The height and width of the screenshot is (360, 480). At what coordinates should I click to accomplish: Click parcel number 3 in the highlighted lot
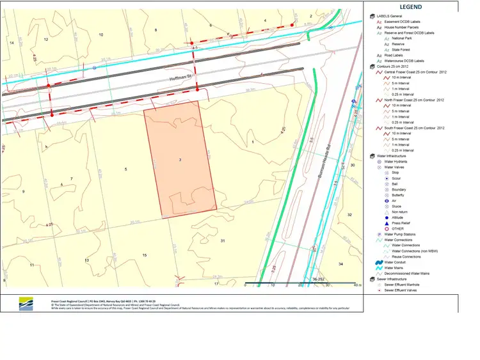click(x=180, y=159)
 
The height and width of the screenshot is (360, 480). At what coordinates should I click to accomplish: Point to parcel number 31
click(x=223, y=240)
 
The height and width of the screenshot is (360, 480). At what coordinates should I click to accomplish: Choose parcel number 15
click(x=145, y=256)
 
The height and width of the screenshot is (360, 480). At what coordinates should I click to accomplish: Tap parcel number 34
click(x=340, y=263)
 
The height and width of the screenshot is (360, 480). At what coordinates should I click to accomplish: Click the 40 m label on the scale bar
click(x=357, y=285)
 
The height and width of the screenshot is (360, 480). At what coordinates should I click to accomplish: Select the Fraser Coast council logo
click(x=25, y=304)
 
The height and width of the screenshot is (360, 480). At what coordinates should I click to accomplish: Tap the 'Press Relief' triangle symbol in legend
click(x=387, y=223)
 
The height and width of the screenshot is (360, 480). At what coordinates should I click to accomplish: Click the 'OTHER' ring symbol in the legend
click(x=387, y=229)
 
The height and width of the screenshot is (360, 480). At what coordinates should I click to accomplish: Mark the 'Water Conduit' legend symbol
click(x=380, y=262)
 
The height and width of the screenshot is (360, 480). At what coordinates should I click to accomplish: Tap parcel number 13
click(x=86, y=260)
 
